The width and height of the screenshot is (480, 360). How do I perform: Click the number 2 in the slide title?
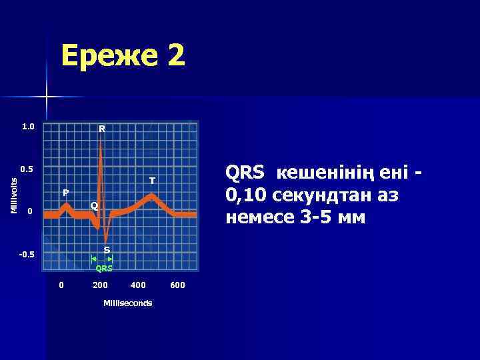click(176, 56)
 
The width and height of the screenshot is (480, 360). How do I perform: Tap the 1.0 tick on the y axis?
click(28, 126)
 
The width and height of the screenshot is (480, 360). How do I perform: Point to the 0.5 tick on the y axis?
click(28, 169)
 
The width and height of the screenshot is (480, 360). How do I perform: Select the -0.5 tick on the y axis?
click(27, 255)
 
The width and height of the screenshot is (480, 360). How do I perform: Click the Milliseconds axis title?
click(127, 303)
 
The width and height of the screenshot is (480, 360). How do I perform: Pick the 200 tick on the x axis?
click(100, 285)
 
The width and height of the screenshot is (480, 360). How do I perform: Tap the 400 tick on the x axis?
click(138, 285)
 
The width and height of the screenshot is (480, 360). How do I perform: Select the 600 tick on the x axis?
click(177, 285)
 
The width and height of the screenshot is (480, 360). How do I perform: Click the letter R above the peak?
click(101, 128)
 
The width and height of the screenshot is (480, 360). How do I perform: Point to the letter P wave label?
click(65, 192)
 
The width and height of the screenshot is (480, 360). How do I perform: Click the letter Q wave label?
click(94, 205)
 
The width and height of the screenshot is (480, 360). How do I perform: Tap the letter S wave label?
click(107, 250)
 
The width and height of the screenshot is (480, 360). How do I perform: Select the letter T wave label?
click(152, 181)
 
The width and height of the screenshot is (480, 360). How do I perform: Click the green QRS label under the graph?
click(104, 269)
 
